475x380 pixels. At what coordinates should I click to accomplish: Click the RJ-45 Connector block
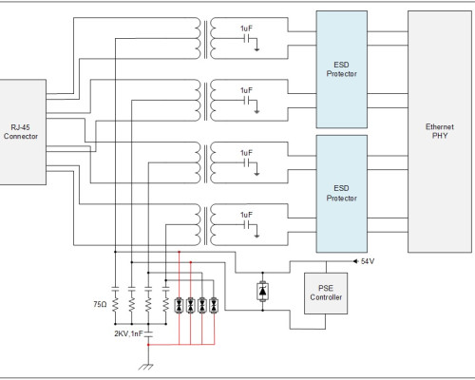point(23,132)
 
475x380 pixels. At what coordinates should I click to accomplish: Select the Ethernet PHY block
point(440,131)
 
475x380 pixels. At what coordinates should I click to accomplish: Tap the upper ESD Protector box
point(342,69)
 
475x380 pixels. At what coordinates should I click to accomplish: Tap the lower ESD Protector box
point(342,194)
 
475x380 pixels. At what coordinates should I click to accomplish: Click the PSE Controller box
point(326,294)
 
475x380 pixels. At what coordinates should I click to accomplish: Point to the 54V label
point(368,261)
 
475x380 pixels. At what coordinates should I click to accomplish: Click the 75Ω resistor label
point(100,304)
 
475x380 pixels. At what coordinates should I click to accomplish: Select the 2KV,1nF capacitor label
point(128,333)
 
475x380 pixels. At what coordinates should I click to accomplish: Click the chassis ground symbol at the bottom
point(146,367)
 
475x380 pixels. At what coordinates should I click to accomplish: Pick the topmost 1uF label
point(246,28)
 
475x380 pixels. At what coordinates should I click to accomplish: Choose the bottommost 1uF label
point(246,215)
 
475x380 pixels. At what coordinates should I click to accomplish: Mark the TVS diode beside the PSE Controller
point(262,292)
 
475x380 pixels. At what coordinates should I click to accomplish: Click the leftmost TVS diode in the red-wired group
point(179,306)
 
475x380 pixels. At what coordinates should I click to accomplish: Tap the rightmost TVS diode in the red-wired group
point(214,306)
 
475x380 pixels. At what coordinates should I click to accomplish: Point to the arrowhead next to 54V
point(355,261)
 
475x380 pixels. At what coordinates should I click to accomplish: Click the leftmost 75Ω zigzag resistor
point(115,305)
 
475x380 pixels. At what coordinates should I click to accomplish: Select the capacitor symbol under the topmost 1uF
point(247,39)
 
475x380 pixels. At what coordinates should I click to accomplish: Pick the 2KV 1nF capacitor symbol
point(148,333)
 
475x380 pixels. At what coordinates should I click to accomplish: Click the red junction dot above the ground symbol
point(148,345)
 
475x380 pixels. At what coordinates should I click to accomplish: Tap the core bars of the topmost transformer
point(206,39)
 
